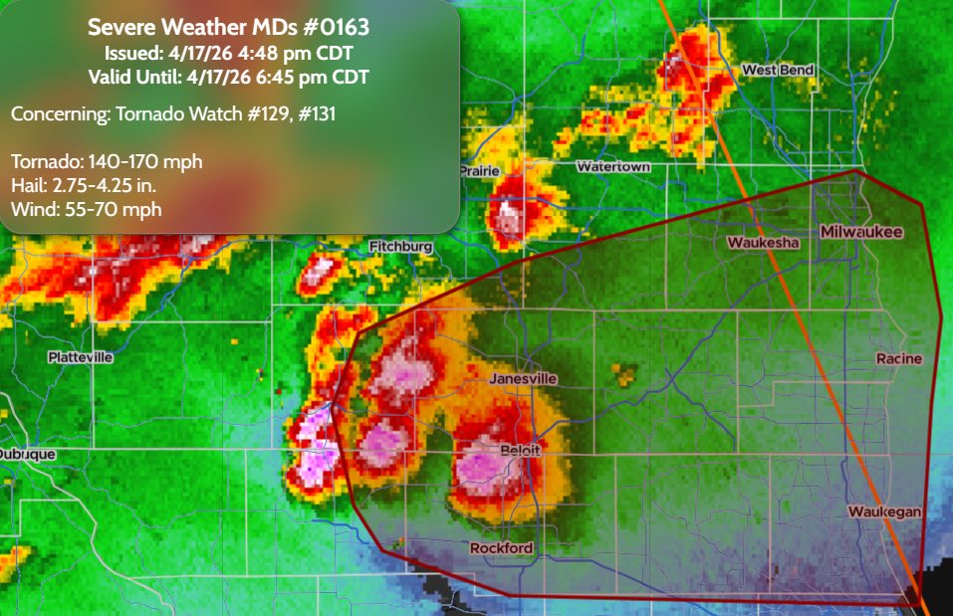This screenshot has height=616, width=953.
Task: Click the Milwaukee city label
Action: (x=861, y=232)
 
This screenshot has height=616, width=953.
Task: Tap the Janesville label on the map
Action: (x=523, y=379)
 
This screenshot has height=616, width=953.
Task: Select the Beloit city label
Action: (x=521, y=450)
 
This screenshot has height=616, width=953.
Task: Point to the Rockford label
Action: (x=501, y=548)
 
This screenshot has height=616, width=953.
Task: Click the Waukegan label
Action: (x=884, y=512)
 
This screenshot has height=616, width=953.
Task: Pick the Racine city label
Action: (x=899, y=358)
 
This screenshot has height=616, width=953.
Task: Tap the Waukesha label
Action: (x=763, y=243)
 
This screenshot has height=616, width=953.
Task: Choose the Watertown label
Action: (x=613, y=167)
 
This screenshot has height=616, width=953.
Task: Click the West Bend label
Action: (x=778, y=70)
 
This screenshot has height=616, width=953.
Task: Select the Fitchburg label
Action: (x=400, y=246)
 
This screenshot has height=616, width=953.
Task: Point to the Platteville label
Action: (x=80, y=356)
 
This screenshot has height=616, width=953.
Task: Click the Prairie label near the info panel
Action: (x=479, y=171)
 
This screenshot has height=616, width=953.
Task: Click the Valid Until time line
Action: (x=228, y=75)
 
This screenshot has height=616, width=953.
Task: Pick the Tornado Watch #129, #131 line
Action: (x=173, y=114)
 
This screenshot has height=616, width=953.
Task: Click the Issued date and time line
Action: (x=228, y=52)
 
